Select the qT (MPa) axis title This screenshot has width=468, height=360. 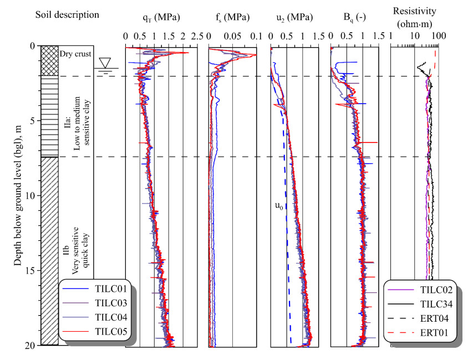click(x=161, y=17)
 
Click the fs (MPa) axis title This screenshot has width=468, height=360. click(x=232, y=17)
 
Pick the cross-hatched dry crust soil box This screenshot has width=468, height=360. click(x=49, y=61)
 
